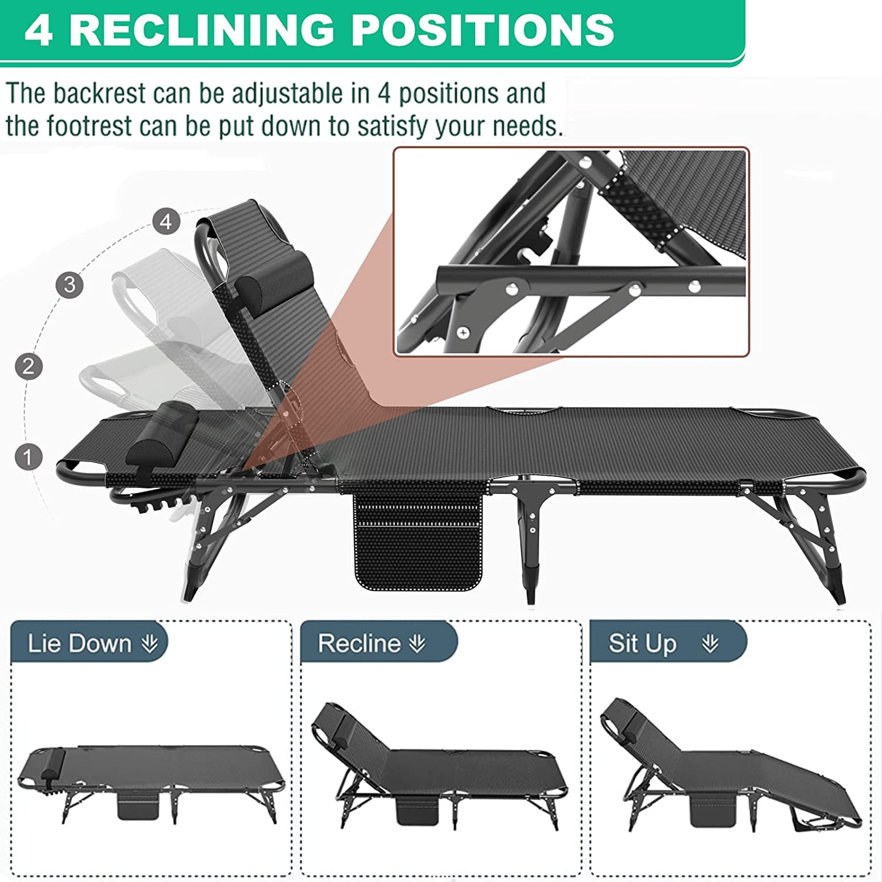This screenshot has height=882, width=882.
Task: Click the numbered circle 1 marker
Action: point(28,457)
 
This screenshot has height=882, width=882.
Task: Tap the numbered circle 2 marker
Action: point(28,366)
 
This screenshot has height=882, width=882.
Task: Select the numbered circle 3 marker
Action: point(69,285)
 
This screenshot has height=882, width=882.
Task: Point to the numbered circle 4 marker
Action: point(166,222)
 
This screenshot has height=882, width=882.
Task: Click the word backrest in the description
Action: point(100,93)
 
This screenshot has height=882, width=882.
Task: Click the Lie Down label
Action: point(79,643)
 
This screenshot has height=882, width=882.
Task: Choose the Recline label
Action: point(359,643)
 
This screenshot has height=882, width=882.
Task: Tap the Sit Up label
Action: point(642,643)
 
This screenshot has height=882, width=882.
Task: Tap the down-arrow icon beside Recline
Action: point(417,644)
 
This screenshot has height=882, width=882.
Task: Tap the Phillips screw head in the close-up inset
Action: point(463,332)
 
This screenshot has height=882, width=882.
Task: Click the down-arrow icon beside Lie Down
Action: point(149,644)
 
